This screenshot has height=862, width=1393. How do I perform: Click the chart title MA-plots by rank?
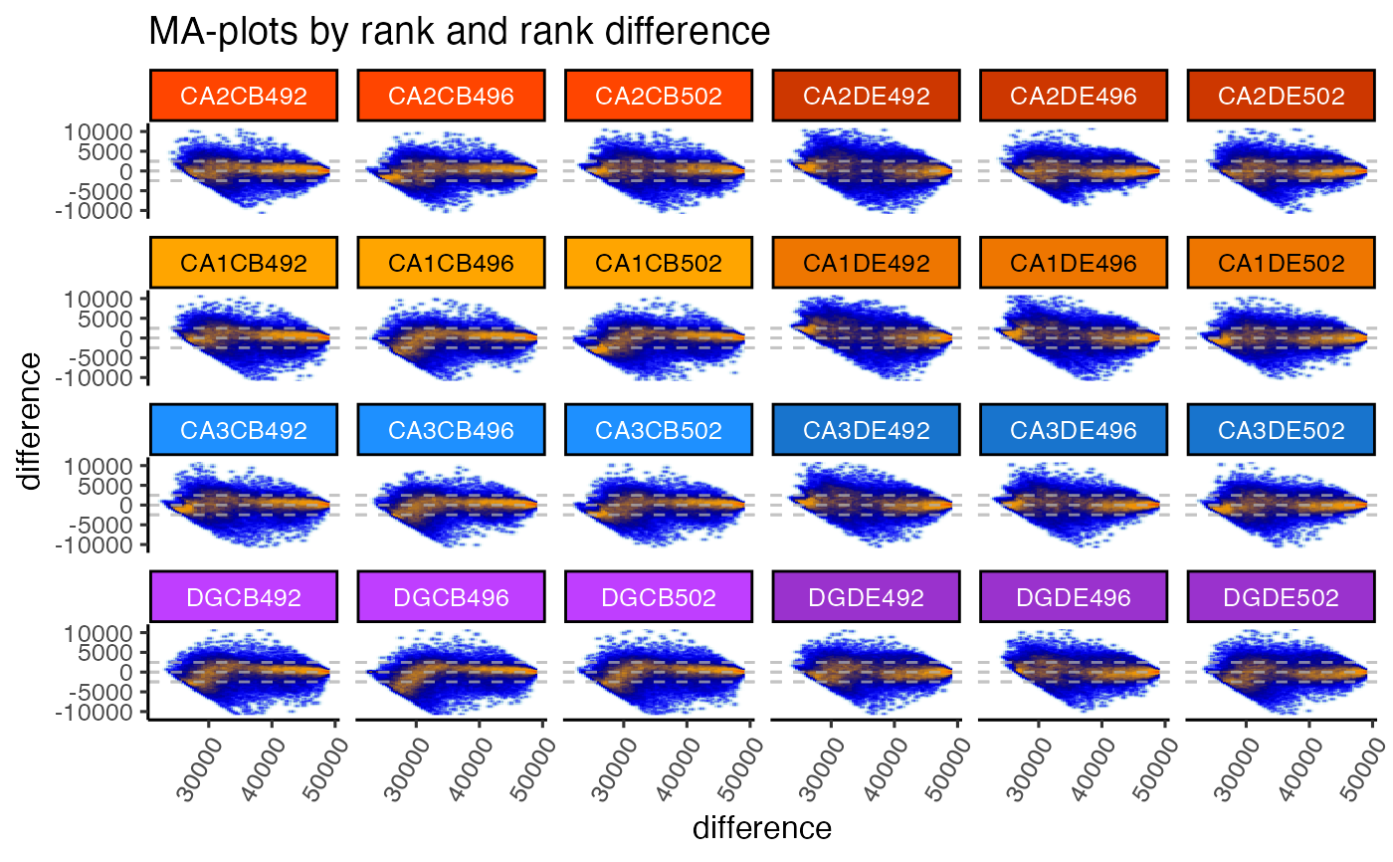pyautogui.click(x=459, y=32)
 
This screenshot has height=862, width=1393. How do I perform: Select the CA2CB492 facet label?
pyautogui.click(x=245, y=97)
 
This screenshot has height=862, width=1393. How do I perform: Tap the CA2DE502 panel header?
pyautogui.click(x=1282, y=97)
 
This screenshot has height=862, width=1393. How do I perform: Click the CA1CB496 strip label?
pyautogui.click(x=452, y=264)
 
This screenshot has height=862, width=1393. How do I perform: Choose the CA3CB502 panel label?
pyautogui.click(x=659, y=431)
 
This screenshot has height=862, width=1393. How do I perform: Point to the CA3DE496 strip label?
pyautogui.click(x=1074, y=431)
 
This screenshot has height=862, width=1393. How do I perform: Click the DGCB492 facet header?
pyautogui.click(x=245, y=598)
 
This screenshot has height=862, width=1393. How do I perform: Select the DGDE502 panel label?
pyautogui.click(x=1282, y=598)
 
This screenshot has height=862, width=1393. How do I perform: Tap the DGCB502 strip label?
pyautogui.click(x=659, y=598)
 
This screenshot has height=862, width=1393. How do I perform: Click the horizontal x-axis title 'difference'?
pyautogui.click(x=762, y=828)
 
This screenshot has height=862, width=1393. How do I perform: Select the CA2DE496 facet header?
pyautogui.click(x=1074, y=97)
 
